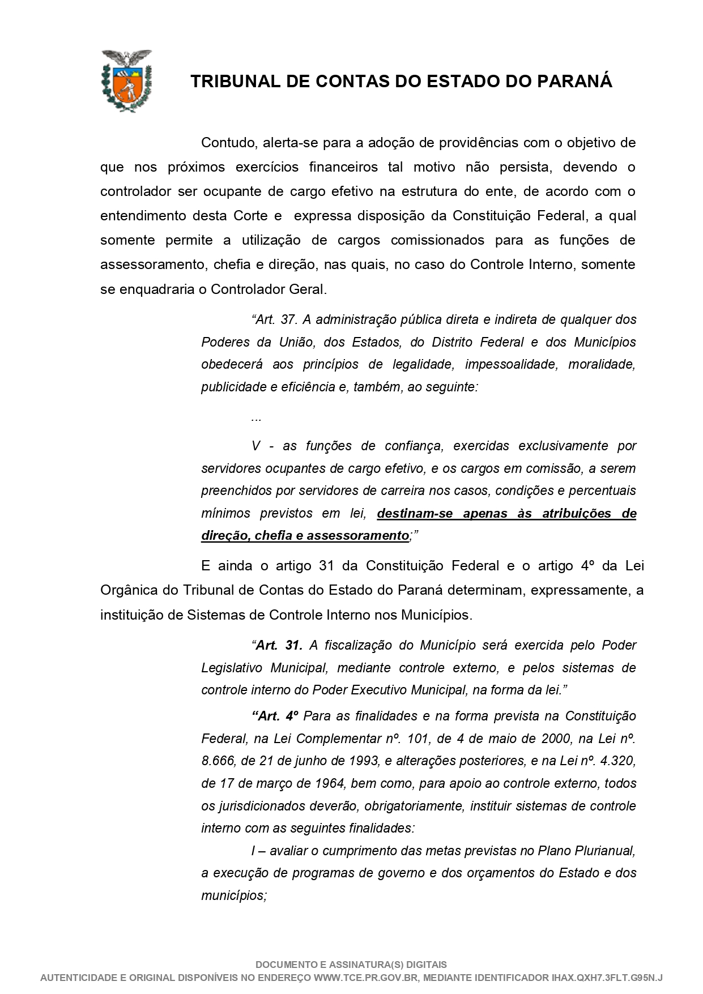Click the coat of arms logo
coord(126,80)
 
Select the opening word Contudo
coord(226,143)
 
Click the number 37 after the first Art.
coord(288,319)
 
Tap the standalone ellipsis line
coord(255,418)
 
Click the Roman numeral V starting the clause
coord(256,446)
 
